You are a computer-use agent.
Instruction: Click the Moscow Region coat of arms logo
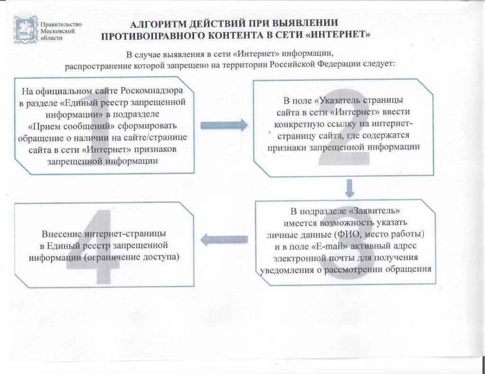point(26,30)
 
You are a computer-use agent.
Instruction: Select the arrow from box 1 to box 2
point(224,125)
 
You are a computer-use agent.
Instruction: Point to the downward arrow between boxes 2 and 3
point(349,188)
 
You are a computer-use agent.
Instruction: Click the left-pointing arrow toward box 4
point(224,239)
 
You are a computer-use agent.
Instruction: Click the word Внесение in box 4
point(62,234)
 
